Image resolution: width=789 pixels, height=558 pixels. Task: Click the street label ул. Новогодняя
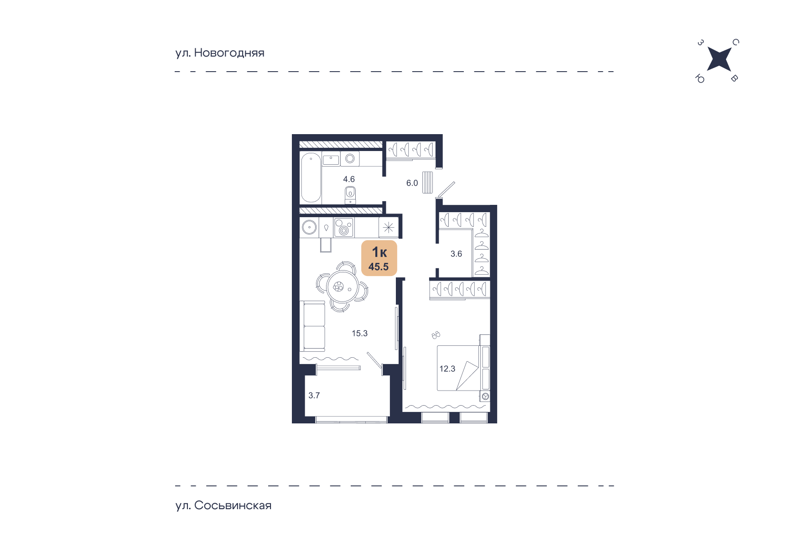click(x=220, y=53)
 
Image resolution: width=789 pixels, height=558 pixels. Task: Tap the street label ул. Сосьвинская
click(x=223, y=506)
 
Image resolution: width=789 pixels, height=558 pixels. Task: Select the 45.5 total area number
click(x=379, y=267)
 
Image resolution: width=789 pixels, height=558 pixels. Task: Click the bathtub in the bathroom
click(x=311, y=177)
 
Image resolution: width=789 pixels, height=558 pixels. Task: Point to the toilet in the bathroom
click(x=350, y=194)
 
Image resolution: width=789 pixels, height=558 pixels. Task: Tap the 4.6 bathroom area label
click(x=349, y=179)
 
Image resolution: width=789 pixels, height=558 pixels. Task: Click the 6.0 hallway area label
click(x=412, y=183)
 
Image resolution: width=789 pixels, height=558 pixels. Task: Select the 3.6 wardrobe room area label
click(x=456, y=254)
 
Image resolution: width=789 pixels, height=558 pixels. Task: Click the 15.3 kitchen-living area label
click(x=359, y=334)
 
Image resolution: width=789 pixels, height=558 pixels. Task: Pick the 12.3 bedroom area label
click(x=447, y=369)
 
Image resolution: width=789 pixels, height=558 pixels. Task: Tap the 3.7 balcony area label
click(x=314, y=396)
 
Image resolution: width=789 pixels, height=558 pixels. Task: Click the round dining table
click(x=342, y=287)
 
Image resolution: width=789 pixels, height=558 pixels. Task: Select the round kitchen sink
click(x=309, y=227)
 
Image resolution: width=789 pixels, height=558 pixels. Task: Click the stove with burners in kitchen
click(x=344, y=228)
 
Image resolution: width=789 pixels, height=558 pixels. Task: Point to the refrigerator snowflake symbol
click(x=389, y=227)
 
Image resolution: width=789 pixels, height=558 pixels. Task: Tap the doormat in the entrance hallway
click(x=427, y=182)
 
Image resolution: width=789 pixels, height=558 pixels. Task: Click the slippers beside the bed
click(x=436, y=335)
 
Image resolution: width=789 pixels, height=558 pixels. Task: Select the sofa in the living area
click(x=312, y=326)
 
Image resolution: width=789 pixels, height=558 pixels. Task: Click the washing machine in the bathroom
click(x=350, y=159)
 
